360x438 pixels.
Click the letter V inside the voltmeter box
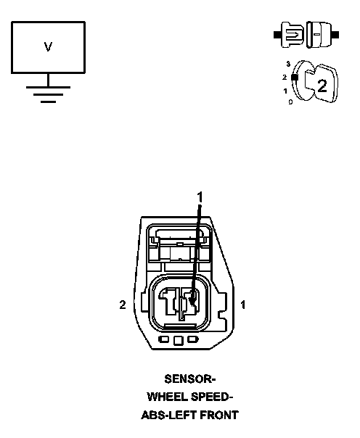tap(48, 46)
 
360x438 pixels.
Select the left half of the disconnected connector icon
tap(289, 35)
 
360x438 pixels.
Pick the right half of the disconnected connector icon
tap(322, 35)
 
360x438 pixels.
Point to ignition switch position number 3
tap(288, 64)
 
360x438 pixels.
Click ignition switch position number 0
tap(290, 102)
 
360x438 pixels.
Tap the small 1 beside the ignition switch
tap(285, 91)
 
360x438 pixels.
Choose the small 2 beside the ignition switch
tap(285, 77)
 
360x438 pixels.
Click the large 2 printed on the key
tap(322, 86)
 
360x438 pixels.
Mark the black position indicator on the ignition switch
tap(295, 77)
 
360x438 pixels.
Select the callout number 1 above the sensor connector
tap(200, 197)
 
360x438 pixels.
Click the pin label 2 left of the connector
tap(123, 305)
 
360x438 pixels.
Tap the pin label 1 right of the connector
tap(243, 305)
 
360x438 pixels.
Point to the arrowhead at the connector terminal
tap(192, 302)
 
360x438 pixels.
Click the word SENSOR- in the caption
tap(189, 379)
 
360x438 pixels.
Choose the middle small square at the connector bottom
tap(179, 340)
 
